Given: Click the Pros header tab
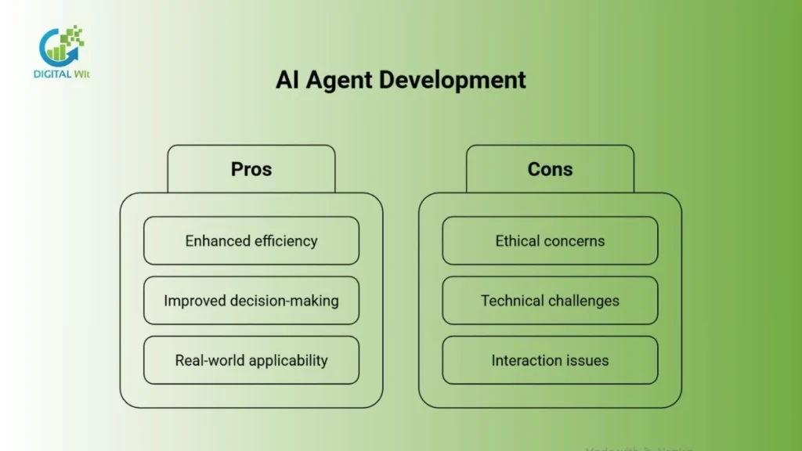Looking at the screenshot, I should [251, 169].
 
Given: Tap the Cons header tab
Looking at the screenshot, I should [550, 169].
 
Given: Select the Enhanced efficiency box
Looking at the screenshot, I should [251, 241].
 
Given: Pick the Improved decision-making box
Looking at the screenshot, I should [251, 301].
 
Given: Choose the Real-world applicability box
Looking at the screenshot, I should [251, 360].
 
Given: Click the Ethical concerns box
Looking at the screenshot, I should [550, 241].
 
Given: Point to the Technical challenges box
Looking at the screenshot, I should [550, 301].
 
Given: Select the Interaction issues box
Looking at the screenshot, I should [550, 360].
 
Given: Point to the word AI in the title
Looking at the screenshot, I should [286, 80].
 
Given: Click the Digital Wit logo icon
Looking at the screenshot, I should [61, 46].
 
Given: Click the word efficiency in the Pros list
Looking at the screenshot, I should [285, 241].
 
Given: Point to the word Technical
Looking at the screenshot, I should [510, 301].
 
